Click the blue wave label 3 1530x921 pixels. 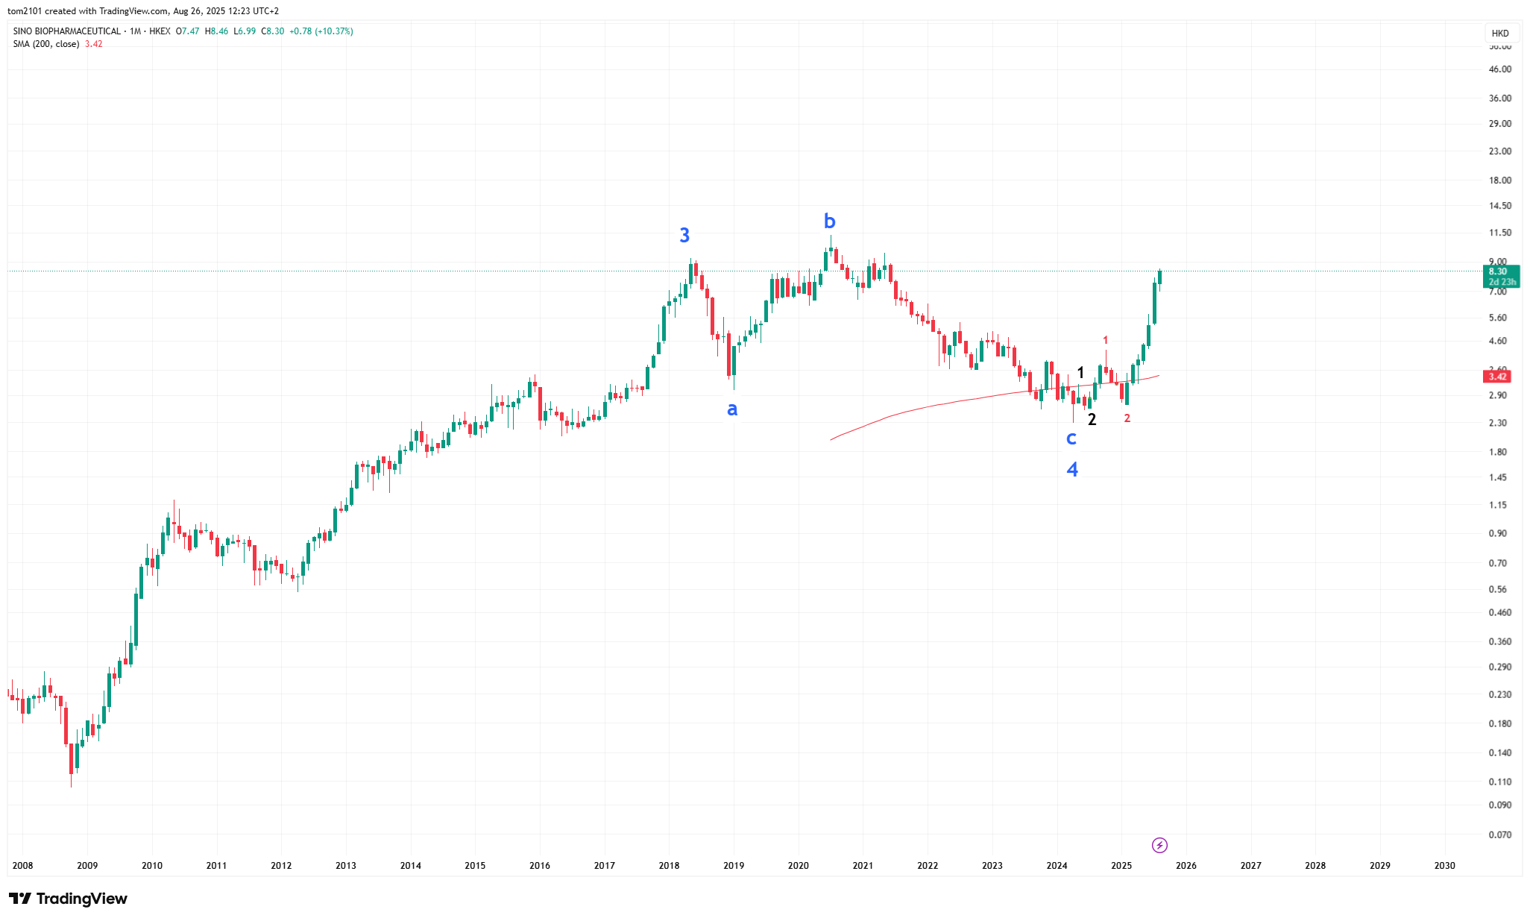pos(684,236)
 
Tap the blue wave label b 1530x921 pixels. pos(829,221)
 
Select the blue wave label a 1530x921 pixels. pos(732,409)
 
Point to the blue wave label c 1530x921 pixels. pos(1071,439)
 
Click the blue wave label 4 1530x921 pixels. pos(1072,470)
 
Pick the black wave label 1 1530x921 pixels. pos(1080,373)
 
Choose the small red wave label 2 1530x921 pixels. pos(1127,418)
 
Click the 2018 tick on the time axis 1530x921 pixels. pos(669,866)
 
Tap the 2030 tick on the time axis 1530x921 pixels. pos(1444,866)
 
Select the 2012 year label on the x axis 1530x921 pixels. pos(281,866)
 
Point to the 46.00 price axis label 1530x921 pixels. pos(1499,69)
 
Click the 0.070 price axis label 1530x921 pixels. pos(1499,834)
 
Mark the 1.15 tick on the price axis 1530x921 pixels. pos(1497,505)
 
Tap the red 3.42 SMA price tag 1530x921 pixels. pos(1497,377)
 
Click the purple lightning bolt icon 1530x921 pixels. pos(1159,845)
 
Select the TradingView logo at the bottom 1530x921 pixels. pos(68,899)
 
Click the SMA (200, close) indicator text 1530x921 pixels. pos(46,44)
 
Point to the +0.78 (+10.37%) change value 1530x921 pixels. pos(321,31)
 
